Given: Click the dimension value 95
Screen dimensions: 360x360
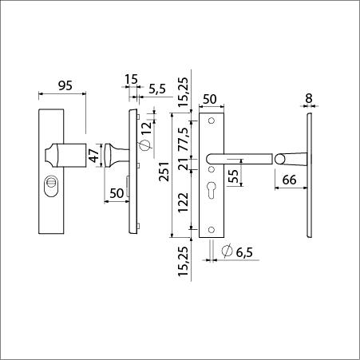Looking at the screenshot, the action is [x=65, y=85].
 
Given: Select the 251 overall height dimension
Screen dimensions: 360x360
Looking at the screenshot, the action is [x=164, y=172].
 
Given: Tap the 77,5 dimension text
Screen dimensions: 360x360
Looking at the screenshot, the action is [x=184, y=139].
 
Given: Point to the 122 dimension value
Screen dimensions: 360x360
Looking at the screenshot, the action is [x=184, y=202].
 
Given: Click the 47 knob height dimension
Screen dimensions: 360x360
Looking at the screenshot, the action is [x=94, y=156].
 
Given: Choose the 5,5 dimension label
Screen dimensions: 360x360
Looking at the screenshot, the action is [x=157, y=89].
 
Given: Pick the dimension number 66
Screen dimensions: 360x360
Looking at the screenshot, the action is [x=289, y=180].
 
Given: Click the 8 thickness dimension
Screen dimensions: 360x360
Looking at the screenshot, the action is [x=309, y=98].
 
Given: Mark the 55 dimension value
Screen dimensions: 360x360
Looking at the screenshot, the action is [x=233, y=176].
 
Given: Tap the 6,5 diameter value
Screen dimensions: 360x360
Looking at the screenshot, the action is [x=244, y=252].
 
